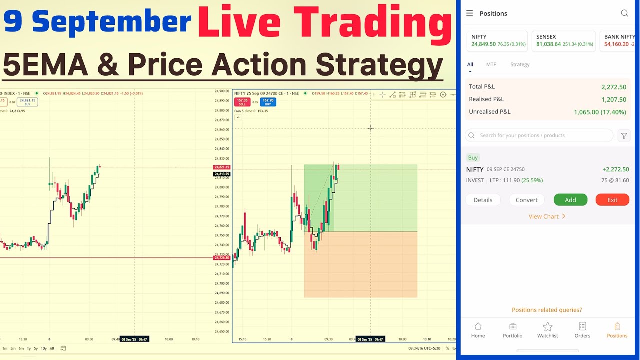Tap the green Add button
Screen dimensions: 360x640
click(570, 200)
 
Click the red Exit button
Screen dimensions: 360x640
click(612, 200)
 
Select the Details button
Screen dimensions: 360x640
click(483, 200)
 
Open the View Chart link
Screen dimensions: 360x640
click(547, 216)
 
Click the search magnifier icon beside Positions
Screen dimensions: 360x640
click(624, 13)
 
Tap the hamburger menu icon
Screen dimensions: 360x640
click(469, 13)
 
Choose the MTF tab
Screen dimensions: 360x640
click(491, 64)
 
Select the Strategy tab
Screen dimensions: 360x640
click(520, 64)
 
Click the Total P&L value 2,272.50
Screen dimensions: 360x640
click(613, 87)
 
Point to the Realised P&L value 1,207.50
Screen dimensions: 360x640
click(613, 99)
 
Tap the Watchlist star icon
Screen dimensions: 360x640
click(547, 327)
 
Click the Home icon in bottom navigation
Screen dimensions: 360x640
click(478, 327)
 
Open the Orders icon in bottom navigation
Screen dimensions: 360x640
click(582, 327)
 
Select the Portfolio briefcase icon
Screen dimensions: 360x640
click(512, 327)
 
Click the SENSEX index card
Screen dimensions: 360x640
click(563, 41)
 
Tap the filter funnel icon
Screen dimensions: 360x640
click(624, 135)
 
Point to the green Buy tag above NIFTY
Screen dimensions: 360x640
click(473, 157)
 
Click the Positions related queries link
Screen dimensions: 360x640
click(547, 310)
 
